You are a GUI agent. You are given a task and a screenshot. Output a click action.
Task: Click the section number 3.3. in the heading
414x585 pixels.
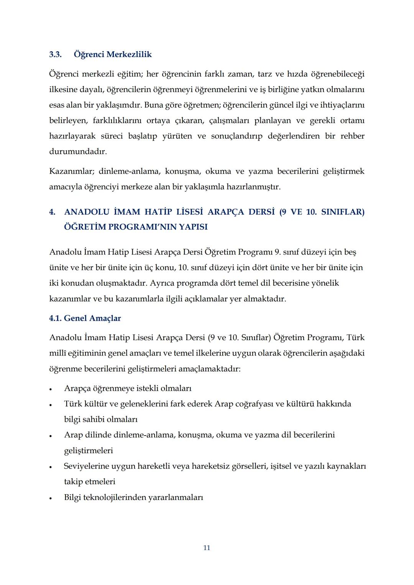[55, 54]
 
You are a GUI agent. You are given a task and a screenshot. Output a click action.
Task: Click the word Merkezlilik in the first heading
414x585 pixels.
[129, 54]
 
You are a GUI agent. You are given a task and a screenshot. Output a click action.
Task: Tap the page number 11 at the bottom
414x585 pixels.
[207, 548]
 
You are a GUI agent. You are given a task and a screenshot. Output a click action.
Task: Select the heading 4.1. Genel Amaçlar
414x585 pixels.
[85, 318]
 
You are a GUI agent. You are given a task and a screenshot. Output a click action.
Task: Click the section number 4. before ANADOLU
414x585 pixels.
[52, 212]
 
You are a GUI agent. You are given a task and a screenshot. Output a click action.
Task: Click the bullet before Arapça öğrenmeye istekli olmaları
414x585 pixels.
[50, 389]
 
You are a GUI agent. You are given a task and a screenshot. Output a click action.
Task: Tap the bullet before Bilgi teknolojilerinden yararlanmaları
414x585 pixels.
[50, 498]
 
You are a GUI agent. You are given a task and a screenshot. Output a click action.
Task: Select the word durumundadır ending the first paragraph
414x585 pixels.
[78, 152]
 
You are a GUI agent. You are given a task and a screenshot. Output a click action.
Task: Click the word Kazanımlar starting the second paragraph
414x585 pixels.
[71, 171]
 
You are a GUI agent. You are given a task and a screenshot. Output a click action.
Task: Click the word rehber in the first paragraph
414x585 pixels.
[352, 136]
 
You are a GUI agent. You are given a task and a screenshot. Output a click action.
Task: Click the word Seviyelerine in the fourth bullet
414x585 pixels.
[86, 466]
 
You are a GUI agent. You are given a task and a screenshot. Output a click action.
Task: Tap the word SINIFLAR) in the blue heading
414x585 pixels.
[343, 212]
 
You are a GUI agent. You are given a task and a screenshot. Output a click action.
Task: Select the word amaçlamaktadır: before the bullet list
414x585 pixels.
[209, 369]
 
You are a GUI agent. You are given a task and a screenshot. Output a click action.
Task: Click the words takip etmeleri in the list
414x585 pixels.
[89, 482]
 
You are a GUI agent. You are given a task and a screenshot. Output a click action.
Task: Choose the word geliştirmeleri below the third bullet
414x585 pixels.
[88, 451]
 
